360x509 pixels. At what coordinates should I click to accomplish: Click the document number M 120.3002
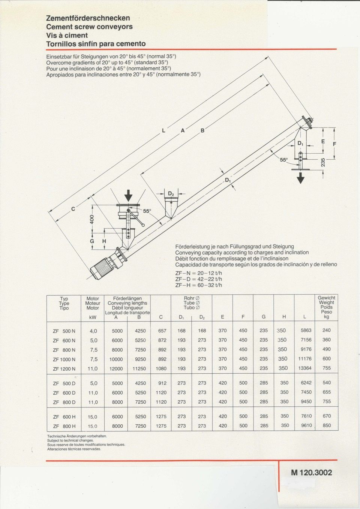[x=311, y=473]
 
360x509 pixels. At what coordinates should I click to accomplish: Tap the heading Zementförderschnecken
[x=88, y=18]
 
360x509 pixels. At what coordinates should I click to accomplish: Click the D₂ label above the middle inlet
[x=171, y=194]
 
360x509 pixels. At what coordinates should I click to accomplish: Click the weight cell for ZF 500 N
[x=327, y=331]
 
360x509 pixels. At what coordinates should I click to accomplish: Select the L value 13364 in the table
[x=304, y=368]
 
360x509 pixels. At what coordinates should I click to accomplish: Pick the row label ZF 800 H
[x=64, y=426]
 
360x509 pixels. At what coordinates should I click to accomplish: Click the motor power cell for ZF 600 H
[x=93, y=416]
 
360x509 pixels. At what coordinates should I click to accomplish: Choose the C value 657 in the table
[x=162, y=331]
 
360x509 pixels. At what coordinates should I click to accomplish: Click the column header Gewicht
[x=327, y=298]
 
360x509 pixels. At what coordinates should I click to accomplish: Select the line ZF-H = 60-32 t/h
[x=199, y=285]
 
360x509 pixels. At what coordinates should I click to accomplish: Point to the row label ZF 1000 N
[x=64, y=359]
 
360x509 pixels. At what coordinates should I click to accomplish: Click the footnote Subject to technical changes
[x=70, y=440]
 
